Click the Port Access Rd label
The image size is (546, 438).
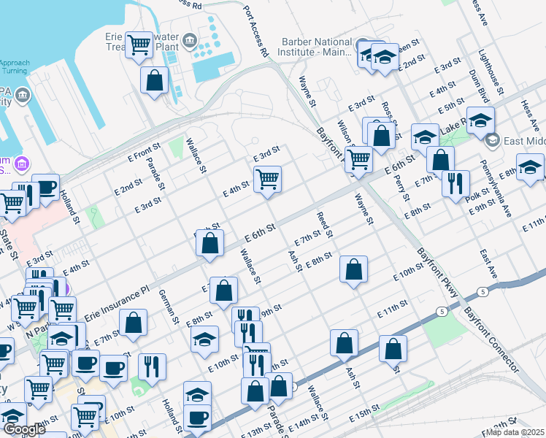tap(256, 34)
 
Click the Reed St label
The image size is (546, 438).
tap(325, 225)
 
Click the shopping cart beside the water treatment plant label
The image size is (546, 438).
tap(139, 45)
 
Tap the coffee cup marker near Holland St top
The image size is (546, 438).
tap(46, 188)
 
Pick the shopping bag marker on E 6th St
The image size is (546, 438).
tap(210, 246)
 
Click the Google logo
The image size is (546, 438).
tap(23, 429)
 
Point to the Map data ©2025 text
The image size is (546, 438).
tap(515, 432)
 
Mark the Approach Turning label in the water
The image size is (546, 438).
tap(15, 67)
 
